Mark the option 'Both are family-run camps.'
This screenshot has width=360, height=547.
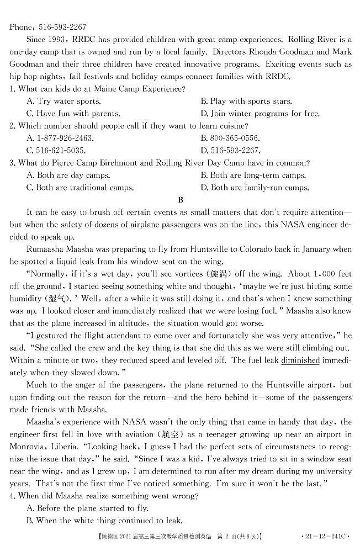coord(260,188)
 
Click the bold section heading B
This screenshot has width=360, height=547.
coord(180,200)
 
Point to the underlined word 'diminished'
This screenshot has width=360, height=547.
coord(300,360)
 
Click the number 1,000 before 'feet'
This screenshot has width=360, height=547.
coord(314,274)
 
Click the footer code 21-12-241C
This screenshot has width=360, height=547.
coord(325,536)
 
